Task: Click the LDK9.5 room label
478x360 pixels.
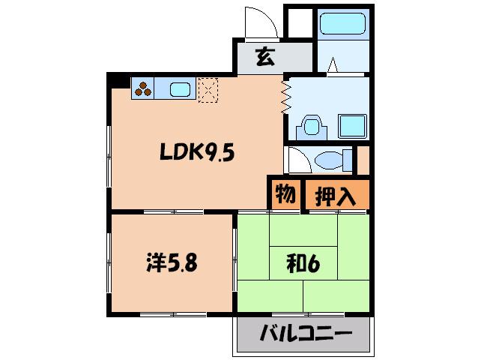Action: click(197, 151)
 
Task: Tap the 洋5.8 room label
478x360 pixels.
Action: click(172, 262)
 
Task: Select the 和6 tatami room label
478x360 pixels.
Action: click(303, 263)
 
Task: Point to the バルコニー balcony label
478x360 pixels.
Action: click(306, 333)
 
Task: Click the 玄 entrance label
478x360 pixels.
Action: click(265, 57)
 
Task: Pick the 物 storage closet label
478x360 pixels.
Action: click(285, 194)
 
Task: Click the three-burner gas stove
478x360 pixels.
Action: click(142, 88)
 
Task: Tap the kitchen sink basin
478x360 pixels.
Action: click(180, 90)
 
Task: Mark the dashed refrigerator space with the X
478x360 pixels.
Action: click(208, 90)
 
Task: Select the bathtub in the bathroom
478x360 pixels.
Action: click(343, 23)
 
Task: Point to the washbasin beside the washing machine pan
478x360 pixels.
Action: click(312, 126)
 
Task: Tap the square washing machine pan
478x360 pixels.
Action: click(352, 126)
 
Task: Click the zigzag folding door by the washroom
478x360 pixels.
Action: click(286, 97)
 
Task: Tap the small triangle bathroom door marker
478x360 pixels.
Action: click(333, 64)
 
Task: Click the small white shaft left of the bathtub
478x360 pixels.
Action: click(300, 23)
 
